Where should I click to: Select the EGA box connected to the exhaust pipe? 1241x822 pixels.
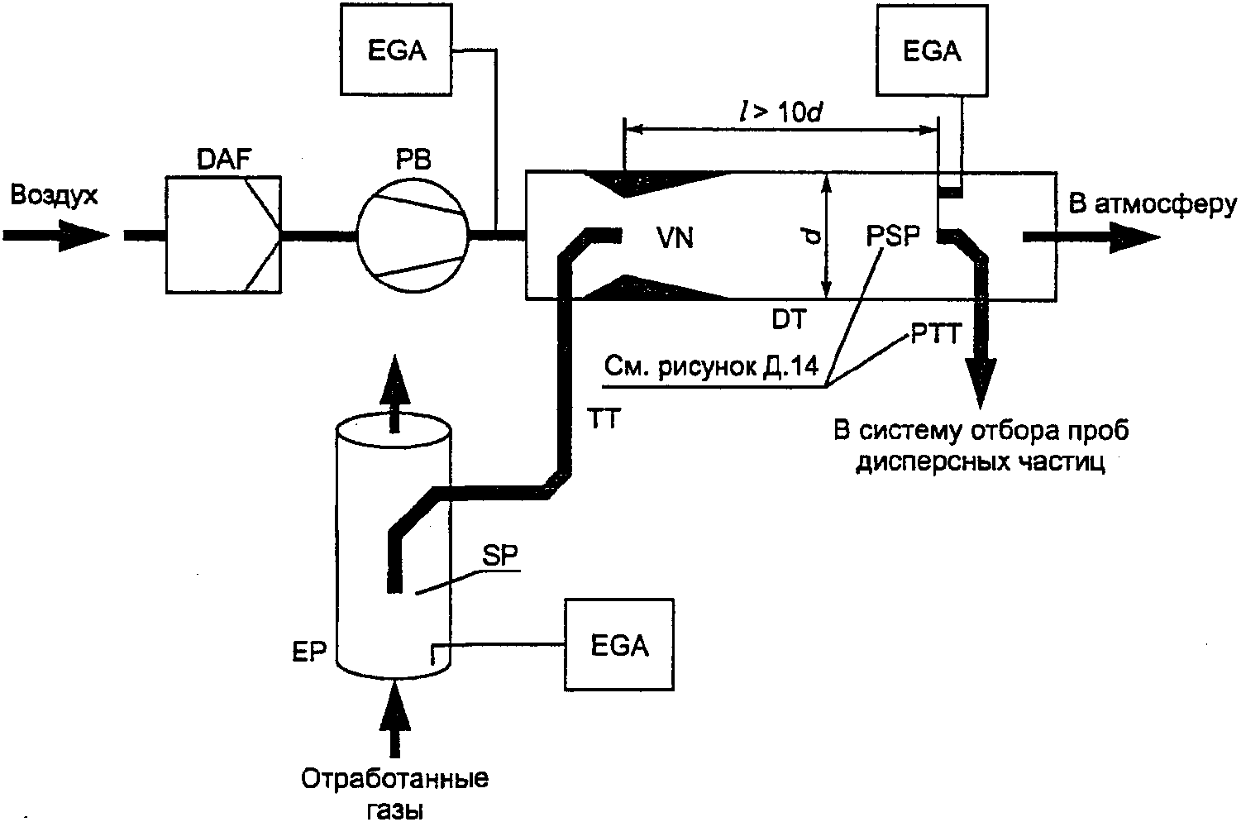click(x=619, y=644)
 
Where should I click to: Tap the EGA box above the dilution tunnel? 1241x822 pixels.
click(x=932, y=51)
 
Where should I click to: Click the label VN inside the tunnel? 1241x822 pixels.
click(x=675, y=238)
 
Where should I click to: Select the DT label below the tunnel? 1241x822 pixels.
click(x=789, y=319)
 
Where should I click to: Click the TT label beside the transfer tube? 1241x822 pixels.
click(x=604, y=419)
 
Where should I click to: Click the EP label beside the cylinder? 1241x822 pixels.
click(x=312, y=650)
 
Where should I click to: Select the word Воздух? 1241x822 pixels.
click(x=55, y=195)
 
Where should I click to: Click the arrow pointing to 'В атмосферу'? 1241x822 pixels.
click(x=1091, y=237)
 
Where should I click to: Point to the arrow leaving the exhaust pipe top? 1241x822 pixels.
click(x=394, y=393)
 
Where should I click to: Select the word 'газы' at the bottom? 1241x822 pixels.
click(x=394, y=808)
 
